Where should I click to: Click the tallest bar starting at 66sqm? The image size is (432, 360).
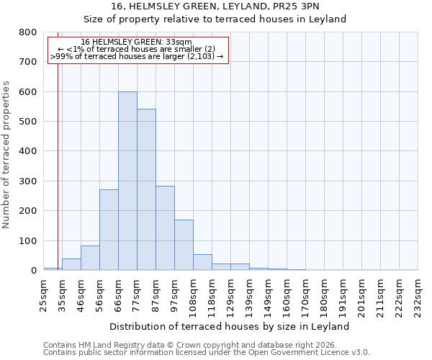(x=127, y=181)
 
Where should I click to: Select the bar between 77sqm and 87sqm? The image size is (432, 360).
(x=146, y=189)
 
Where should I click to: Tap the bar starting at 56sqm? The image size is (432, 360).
(x=109, y=230)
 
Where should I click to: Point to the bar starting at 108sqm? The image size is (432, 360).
(x=202, y=262)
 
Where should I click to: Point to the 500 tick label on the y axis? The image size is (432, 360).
(x=27, y=122)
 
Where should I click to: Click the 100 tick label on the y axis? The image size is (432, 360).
(x=27, y=240)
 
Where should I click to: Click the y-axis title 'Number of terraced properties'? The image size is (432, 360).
(x=6, y=154)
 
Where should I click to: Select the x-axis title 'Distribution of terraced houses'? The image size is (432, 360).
(x=230, y=326)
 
